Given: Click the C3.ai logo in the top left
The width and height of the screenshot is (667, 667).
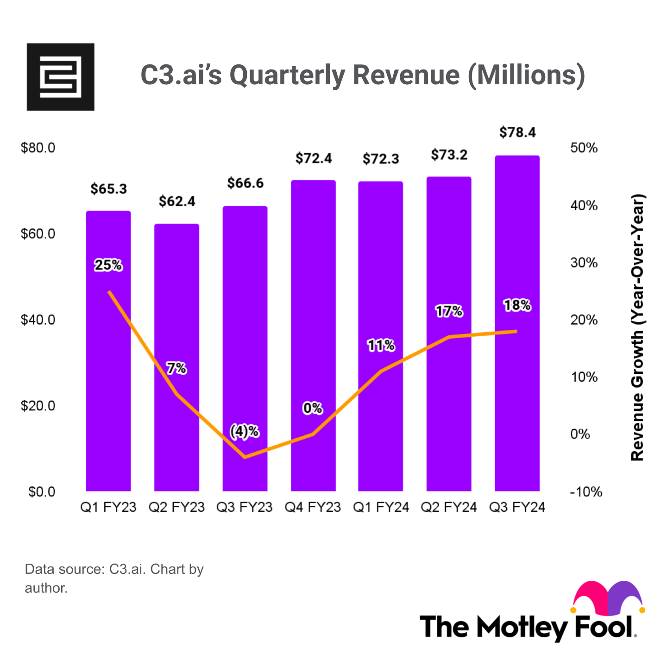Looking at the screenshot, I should pos(60,77).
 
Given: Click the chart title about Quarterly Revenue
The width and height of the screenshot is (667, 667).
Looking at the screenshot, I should pos(363,75).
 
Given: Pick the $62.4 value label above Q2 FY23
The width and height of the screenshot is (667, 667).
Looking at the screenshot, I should pos(177,201).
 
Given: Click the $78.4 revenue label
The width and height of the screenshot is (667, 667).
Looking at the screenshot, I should pos(517,132).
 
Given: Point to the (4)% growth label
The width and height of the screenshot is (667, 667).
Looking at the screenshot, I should pos(245,432).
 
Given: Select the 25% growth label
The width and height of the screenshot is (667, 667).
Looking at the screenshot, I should pos(108,265).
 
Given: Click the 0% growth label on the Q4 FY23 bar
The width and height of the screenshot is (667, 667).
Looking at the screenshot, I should pos(313,408).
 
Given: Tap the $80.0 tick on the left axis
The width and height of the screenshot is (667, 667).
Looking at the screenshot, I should pos(38,148).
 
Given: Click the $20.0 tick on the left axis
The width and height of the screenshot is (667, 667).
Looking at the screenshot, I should pos(38,406).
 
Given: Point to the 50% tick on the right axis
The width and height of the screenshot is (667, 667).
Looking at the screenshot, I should pos(584,148).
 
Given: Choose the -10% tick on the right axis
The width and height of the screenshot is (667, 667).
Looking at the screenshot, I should pos(585,491).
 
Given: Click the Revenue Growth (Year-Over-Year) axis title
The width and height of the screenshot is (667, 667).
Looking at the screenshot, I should pos(637,327).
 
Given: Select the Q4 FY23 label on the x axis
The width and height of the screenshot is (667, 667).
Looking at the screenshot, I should pos(313,507).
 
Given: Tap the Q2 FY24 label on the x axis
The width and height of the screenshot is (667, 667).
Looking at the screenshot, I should pos(448,507).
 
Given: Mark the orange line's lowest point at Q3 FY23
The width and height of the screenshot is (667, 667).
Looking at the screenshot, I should pos(245,457).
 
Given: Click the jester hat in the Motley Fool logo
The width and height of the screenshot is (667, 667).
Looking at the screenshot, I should pos(608,598).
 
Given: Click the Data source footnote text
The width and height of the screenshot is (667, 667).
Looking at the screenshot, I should pos(114,578).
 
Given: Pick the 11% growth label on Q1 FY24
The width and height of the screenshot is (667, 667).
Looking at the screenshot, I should pos(381,345).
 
